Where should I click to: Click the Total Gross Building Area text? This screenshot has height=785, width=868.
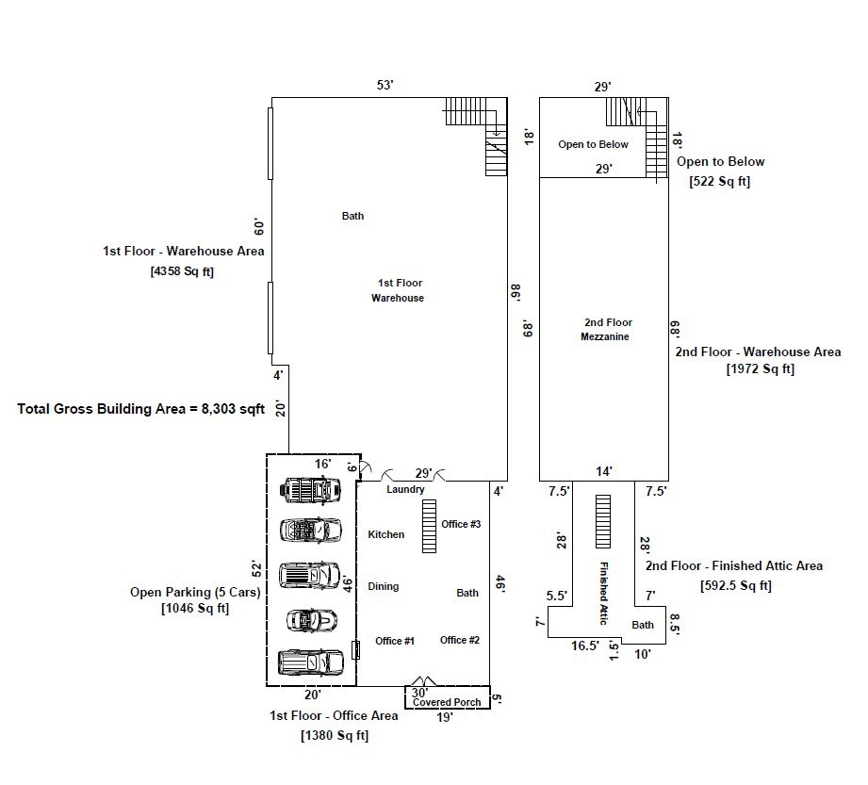(x=140, y=409)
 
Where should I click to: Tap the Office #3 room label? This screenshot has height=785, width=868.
(x=461, y=524)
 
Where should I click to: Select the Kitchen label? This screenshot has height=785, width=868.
(x=385, y=534)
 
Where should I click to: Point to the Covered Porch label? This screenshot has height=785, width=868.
(x=447, y=702)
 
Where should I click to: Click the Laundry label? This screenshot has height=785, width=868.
(x=405, y=489)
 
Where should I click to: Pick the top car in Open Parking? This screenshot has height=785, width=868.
(x=310, y=490)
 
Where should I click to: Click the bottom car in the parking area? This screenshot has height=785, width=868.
(x=311, y=662)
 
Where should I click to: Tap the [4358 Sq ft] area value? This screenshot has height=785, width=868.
(x=182, y=271)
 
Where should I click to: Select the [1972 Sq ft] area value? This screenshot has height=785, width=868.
(x=760, y=369)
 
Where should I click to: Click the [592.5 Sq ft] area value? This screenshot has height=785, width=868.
(x=736, y=586)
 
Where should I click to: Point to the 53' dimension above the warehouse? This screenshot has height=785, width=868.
(x=385, y=85)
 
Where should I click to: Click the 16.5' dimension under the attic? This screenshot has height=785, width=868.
(x=585, y=646)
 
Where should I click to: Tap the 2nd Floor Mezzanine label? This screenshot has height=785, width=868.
(x=607, y=330)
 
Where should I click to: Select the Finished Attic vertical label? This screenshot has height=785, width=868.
(x=604, y=593)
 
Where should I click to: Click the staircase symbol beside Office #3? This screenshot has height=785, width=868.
(x=429, y=527)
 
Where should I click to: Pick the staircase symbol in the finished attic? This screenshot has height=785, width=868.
(x=603, y=521)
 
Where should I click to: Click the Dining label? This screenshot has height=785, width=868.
(x=383, y=586)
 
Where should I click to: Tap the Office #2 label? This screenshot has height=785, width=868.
(x=460, y=640)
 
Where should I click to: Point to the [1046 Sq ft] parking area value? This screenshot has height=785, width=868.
(x=195, y=609)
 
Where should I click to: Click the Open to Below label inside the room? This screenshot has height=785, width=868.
(x=593, y=144)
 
